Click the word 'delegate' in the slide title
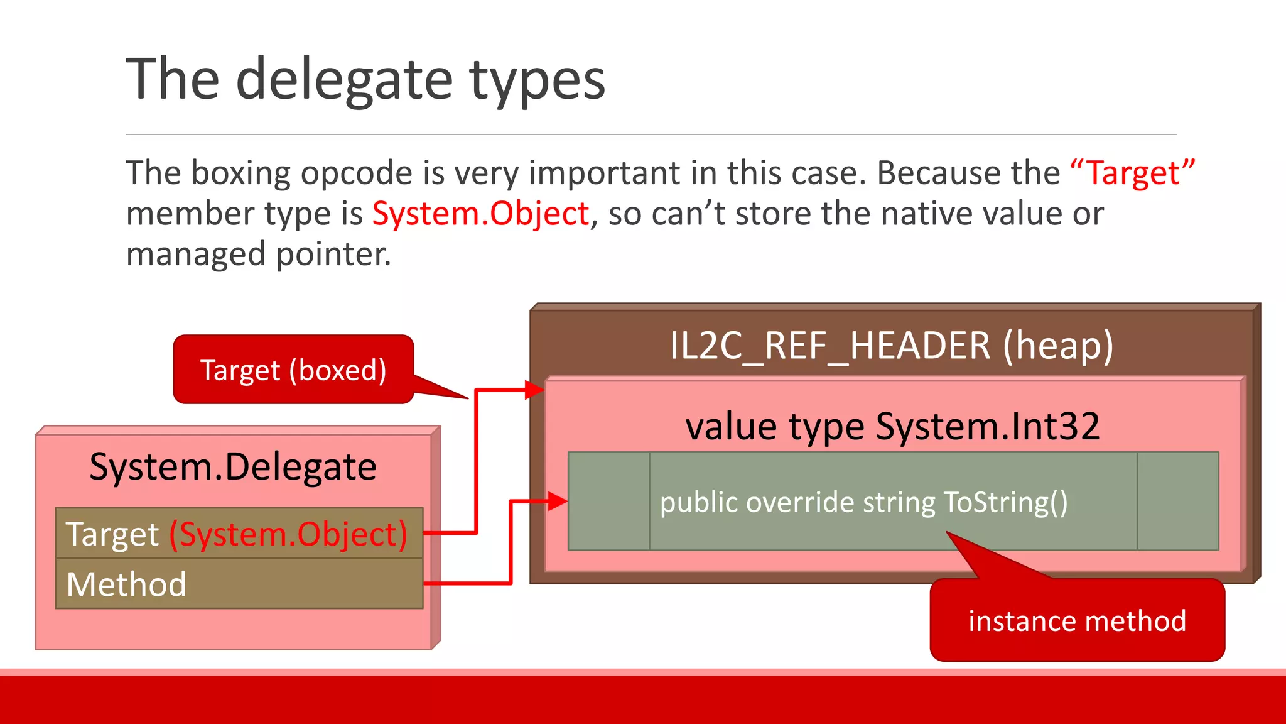(343, 80)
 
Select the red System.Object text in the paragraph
(480, 214)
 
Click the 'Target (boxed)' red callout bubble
(293, 370)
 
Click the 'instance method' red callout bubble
(1077, 621)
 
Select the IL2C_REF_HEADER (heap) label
(891, 345)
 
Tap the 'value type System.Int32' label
(892, 426)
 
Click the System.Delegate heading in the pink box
(233, 467)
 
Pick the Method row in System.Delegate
(239, 584)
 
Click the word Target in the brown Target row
(112, 534)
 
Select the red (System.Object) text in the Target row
(288, 534)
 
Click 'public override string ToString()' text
(863, 502)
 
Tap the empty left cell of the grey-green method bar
(608, 501)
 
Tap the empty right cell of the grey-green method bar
(1177, 501)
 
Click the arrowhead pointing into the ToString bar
(558, 501)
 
